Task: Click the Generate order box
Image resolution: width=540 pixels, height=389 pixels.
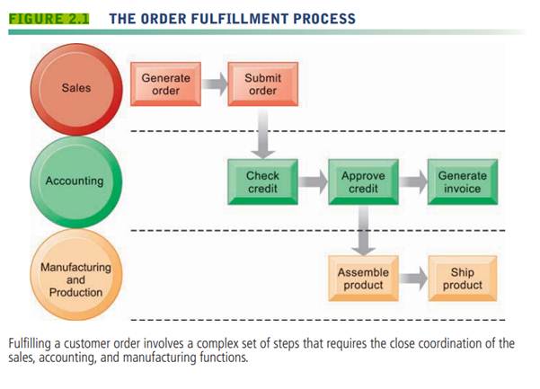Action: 166,84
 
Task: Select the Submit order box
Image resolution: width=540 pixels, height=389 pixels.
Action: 261,84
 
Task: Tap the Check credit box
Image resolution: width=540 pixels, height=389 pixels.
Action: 262,181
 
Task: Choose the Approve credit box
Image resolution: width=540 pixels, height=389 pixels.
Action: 363,181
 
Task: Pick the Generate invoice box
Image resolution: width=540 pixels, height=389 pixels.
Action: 462,181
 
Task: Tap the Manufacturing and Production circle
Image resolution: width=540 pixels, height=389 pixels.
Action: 76,278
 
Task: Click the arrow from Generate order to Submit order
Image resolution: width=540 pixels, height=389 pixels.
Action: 214,85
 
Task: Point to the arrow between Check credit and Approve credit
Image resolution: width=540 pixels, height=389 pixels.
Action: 313,182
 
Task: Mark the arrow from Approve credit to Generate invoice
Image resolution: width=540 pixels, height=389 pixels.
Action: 412,182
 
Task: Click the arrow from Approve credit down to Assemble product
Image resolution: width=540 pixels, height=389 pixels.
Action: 363,229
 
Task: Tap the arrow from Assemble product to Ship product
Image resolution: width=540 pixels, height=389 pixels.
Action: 412,278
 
